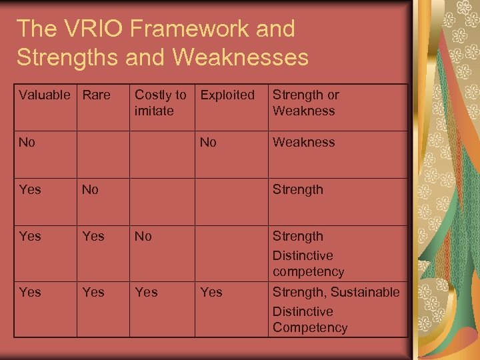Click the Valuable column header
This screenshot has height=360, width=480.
pyautogui.click(x=44, y=95)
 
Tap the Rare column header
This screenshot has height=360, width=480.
pyautogui.click(x=96, y=95)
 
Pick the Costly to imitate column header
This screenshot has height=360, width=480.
pyautogui.click(x=160, y=103)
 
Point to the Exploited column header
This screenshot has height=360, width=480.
pyautogui.click(x=227, y=95)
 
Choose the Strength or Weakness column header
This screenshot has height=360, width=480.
pyautogui.click(x=305, y=103)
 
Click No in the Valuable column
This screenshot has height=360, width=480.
pyautogui.click(x=27, y=142)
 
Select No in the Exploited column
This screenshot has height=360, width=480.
pyautogui.click(x=209, y=142)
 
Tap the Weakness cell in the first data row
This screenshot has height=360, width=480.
pyautogui.click(x=303, y=142)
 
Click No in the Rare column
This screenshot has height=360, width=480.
pyautogui.click(x=90, y=189)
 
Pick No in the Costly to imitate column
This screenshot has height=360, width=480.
pyautogui.click(x=143, y=236)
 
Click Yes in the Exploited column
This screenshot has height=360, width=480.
pyautogui.click(x=211, y=292)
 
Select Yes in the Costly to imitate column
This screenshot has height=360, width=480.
pyautogui.click(x=146, y=292)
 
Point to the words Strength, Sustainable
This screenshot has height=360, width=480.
pyautogui.click(x=336, y=292)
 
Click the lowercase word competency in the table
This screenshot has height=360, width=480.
pyautogui.click(x=308, y=272)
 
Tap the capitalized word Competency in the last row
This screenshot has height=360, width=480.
pyautogui.click(x=310, y=327)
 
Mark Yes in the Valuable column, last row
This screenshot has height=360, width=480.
pyautogui.click(x=30, y=292)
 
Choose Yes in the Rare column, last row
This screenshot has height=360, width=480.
pyautogui.click(x=93, y=292)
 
